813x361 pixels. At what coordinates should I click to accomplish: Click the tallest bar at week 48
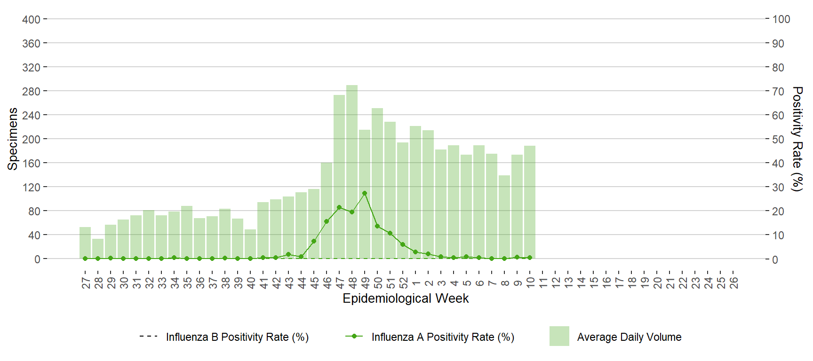tap(352, 172)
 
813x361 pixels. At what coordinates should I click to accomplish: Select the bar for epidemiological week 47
tap(339, 176)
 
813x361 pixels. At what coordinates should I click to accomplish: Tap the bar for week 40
tap(250, 244)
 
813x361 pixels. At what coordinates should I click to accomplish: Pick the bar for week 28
tap(98, 249)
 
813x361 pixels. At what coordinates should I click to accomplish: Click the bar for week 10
tap(530, 202)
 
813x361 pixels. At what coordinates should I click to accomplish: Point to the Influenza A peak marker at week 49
tap(365, 193)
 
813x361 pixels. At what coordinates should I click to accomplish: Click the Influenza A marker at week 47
tap(339, 207)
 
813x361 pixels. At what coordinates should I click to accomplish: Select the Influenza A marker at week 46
tap(327, 221)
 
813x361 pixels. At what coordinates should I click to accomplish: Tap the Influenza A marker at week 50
tap(377, 226)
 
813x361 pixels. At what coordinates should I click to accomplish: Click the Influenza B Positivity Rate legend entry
tap(224, 337)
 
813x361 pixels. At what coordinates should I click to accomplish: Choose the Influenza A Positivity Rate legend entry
tap(430, 337)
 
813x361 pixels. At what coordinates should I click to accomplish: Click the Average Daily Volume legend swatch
tap(559, 337)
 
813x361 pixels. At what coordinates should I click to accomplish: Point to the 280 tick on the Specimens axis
tap(31, 91)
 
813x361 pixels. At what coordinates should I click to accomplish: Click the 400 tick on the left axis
tap(31, 19)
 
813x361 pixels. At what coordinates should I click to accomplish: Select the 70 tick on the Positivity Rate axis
tap(778, 91)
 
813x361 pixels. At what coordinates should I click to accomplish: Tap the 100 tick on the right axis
tap(781, 19)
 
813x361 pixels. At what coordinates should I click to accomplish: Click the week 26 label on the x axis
tap(733, 283)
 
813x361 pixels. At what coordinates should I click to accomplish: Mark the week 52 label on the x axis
tap(403, 283)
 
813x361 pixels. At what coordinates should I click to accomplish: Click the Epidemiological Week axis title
tap(406, 298)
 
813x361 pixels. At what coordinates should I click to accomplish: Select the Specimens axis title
tap(13, 139)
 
